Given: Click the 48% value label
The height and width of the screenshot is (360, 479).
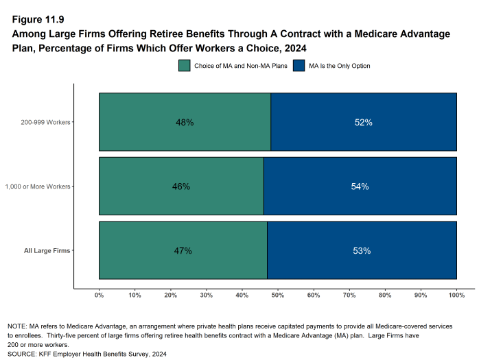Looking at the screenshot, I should tap(185, 123).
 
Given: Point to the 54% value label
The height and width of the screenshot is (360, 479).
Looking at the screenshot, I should tap(360, 187).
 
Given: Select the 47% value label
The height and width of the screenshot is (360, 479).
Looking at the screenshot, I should tap(183, 251).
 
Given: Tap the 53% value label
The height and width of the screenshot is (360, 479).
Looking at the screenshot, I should tap(362, 251).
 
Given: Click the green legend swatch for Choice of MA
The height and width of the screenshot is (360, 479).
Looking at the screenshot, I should tap(184, 66).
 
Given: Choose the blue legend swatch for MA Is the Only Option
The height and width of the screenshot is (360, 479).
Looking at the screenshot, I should tap(299, 66).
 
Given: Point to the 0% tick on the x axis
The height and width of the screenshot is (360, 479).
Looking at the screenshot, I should tap(99, 295).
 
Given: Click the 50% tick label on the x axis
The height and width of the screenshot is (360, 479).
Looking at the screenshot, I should tap(278, 295).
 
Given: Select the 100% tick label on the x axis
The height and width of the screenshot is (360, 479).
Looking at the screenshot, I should tap(456, 295).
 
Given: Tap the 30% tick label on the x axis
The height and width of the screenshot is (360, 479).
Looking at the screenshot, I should tap(207, 295).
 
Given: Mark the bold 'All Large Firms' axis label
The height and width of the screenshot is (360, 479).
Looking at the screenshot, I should tap(47, 251).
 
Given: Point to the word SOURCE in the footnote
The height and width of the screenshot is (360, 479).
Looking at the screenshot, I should tap(23, 354).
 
